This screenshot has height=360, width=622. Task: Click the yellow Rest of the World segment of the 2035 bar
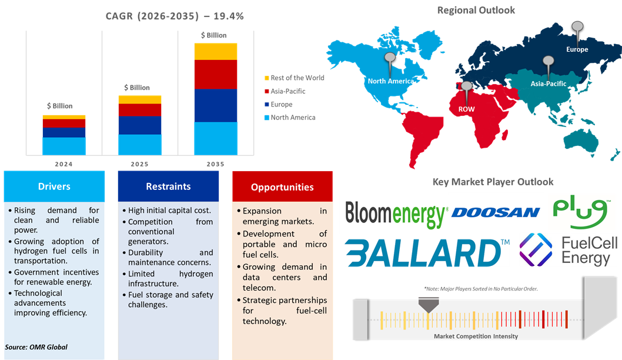click(x=216, y=51)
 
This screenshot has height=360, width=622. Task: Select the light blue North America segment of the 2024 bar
click(x=63, y=145)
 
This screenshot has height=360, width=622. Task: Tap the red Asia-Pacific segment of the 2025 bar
click(x=140, y=110)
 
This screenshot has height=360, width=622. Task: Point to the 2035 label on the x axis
click(x=216, y=164)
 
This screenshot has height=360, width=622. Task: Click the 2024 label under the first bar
click(x=63, y=164)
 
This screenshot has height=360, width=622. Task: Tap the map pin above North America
click(x=389, y=59)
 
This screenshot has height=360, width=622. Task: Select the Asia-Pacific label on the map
click(x=549, y=84)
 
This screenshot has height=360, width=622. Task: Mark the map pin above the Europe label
click(x=577, y=27)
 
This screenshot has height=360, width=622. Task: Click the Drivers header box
click(x=54, y=186)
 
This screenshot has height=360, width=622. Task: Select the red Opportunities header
click(x=282, y=187)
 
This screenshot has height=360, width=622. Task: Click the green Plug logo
click(x=581, y=213)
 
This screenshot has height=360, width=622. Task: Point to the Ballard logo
click(x=426, y=252)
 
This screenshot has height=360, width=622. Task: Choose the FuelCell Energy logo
click(x=567, y=250)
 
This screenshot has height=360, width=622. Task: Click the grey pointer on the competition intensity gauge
click(x=428, y=304)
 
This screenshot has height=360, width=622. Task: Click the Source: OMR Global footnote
click(x=36, y=347)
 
